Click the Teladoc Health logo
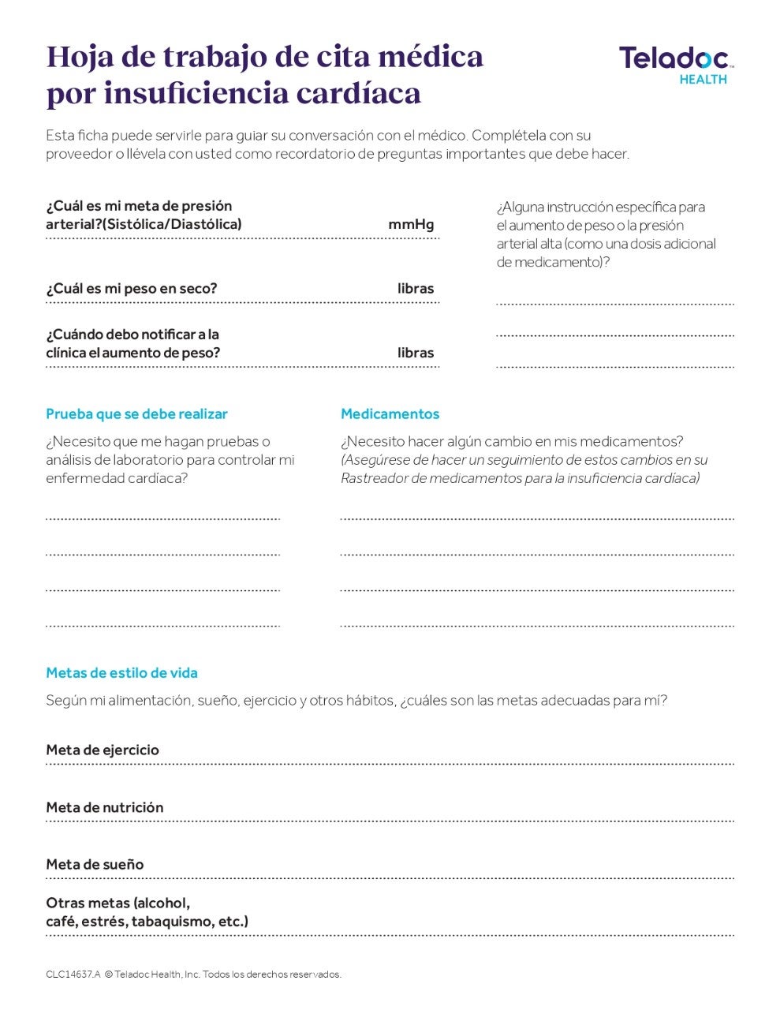(676, 63)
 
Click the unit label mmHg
(411, 224)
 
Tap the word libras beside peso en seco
(416, 289)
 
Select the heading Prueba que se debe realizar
(136, 414)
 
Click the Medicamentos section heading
(390, 414)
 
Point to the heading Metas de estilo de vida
(121, 673)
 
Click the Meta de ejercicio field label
(103, 750)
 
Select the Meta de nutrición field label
(105, 808)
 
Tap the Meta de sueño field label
(95, 865)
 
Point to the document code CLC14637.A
(73, 974)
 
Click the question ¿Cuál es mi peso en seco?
(131, 289)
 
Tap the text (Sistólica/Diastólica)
(172, 224)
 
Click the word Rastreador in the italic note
(374, 478)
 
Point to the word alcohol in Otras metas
(164, 903)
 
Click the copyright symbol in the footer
(108, 974)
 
